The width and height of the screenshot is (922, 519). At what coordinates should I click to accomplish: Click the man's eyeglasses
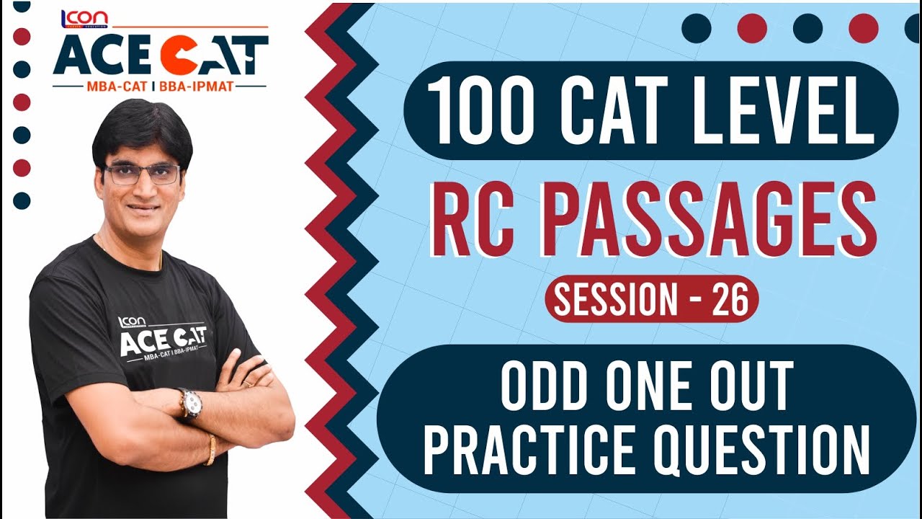(x=142, y=173)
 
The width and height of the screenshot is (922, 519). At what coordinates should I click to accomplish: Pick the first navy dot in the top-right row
(x=697, y=28)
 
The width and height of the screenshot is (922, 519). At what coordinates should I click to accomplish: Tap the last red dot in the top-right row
(x=864, y=28)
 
